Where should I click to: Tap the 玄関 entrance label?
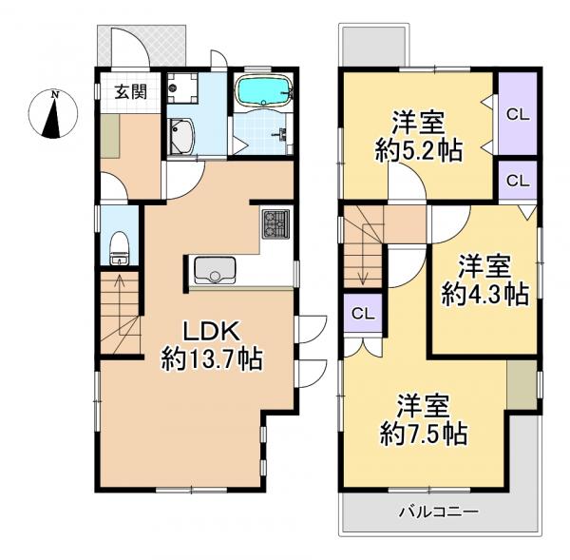click(x=130, y=92)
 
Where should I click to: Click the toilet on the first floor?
click(x=119, y=250)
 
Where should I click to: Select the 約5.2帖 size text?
click(x=419, y=151)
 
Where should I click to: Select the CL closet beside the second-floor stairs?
click(x=362, y=314)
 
